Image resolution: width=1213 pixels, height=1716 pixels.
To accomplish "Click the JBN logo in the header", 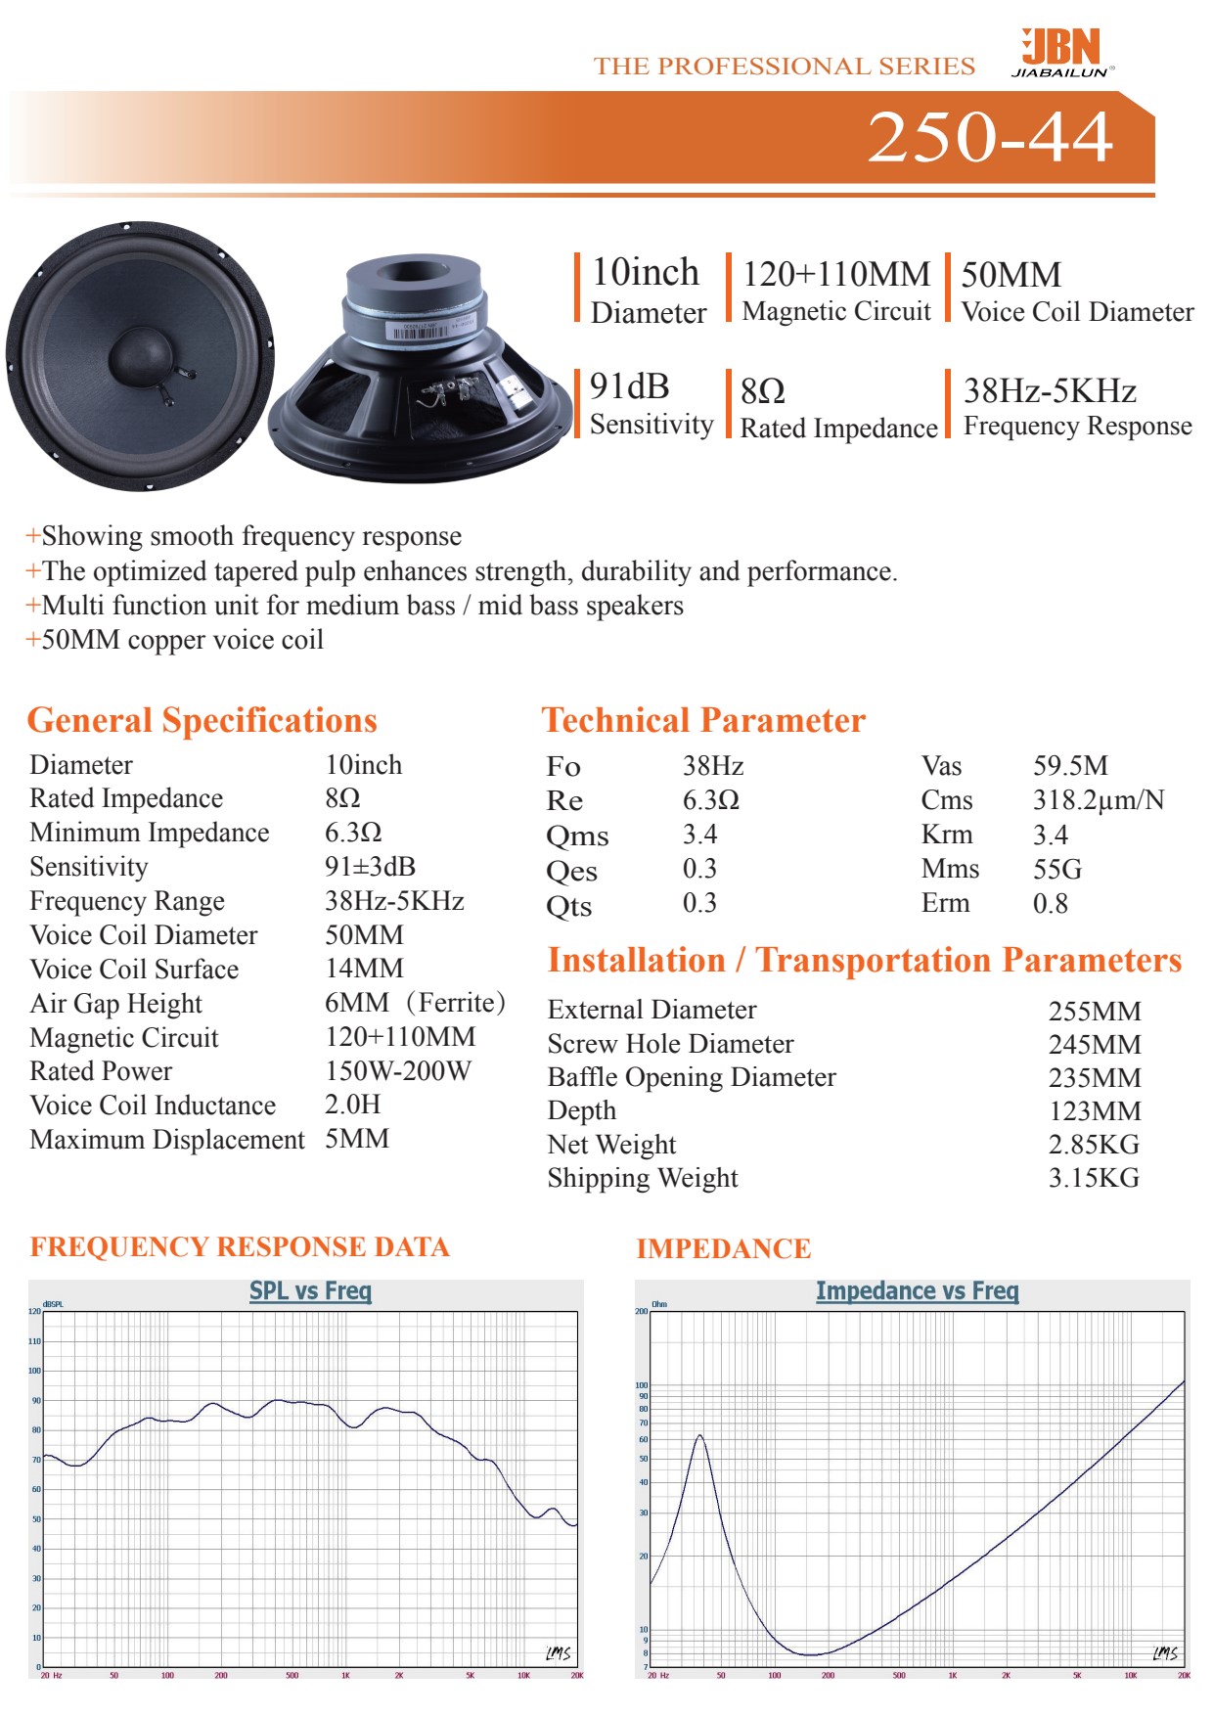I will coord(1062,52).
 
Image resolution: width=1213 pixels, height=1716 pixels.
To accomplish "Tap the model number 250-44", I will coord(990,137).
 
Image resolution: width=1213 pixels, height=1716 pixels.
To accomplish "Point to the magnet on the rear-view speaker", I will coord(415,294).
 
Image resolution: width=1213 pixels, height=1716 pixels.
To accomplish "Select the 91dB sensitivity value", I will coord(629,387).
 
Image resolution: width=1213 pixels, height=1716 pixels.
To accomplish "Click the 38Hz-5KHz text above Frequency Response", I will coord(1050,391).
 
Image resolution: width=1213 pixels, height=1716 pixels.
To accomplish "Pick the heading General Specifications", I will coord(202,720).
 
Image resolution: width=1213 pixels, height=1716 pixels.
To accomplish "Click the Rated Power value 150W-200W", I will coord(398,1071).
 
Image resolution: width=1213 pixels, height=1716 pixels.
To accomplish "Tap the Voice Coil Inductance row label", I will coord(153,1106).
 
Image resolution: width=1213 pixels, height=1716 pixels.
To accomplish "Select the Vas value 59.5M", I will coord(1070,766).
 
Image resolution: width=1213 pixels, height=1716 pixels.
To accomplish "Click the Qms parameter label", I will coord(577,836).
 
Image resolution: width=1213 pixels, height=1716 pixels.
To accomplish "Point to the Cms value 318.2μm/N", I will coord(1099,800).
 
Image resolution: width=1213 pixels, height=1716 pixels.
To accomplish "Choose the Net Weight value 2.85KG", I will coord(1094,1145).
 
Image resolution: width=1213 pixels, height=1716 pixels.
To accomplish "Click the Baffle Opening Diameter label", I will coord(692,1077).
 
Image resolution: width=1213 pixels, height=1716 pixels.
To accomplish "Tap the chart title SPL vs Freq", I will coord(310,1291).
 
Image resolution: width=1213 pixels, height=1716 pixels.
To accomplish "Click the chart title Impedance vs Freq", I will coord(917,1291).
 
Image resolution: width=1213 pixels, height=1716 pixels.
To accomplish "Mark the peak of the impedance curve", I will coord(699,1436).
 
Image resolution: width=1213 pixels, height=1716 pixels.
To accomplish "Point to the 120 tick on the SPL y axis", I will coord(34,1312).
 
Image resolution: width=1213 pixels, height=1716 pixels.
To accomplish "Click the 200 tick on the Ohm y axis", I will coord(642,1312).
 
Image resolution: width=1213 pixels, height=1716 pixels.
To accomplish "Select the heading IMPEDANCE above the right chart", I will coord(723,1249).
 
